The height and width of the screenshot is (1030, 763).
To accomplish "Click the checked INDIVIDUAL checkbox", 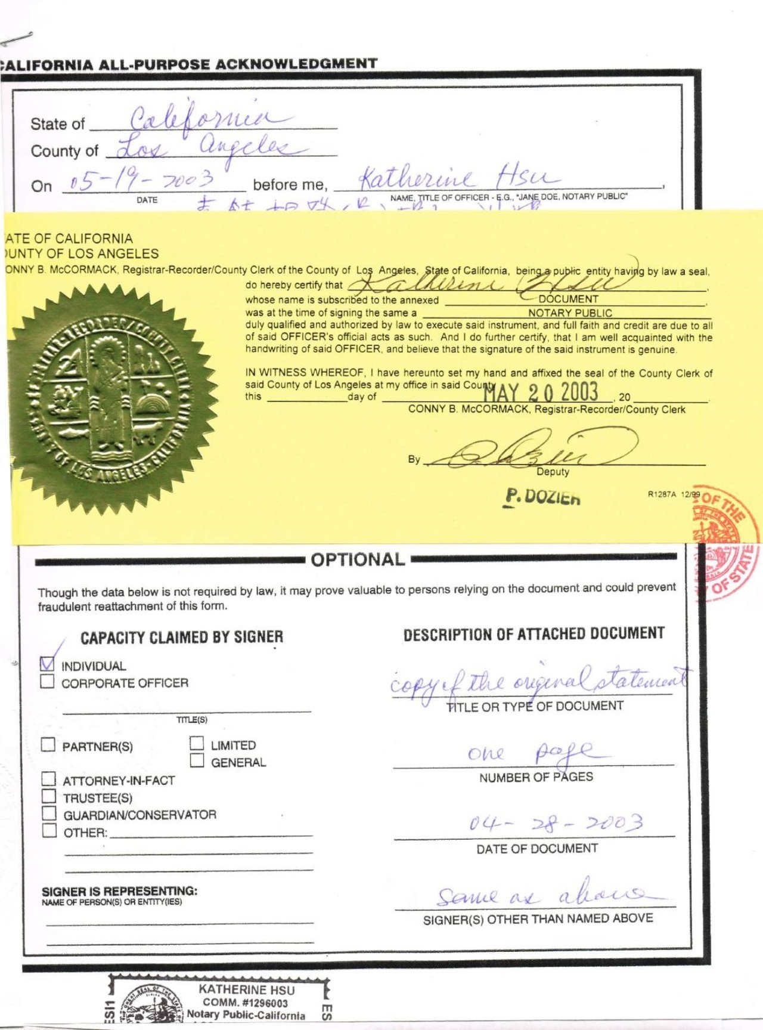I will coord(47,664).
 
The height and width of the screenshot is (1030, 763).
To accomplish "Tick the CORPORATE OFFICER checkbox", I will coord(47,682).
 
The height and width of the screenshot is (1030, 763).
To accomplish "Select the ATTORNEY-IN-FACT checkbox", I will coord(48,779).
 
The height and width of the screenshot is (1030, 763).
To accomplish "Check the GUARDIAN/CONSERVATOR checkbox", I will coord(49,813).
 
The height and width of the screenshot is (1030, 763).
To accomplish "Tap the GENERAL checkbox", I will coord(197,761).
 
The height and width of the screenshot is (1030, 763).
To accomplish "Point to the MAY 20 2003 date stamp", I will coord(540,392).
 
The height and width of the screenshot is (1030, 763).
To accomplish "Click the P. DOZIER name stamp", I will coord(542,497).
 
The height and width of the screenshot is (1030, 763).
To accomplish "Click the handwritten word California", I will coord(203,116).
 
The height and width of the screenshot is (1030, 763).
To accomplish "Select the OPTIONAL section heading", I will coord(358,559).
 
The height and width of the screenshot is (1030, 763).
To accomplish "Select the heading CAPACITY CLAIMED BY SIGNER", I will coord(182,638).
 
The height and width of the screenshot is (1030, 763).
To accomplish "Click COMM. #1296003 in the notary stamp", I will coord(245,1003).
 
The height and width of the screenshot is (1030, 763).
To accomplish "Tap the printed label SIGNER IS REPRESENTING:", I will coord(119,891).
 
